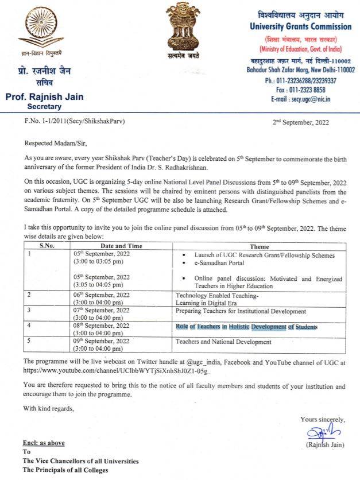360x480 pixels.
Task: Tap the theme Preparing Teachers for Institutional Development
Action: pos(241,311)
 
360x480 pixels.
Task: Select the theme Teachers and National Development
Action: pos(223,342)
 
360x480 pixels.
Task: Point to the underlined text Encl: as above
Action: pos(44,443)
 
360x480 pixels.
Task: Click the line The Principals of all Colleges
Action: pos(65,470)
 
